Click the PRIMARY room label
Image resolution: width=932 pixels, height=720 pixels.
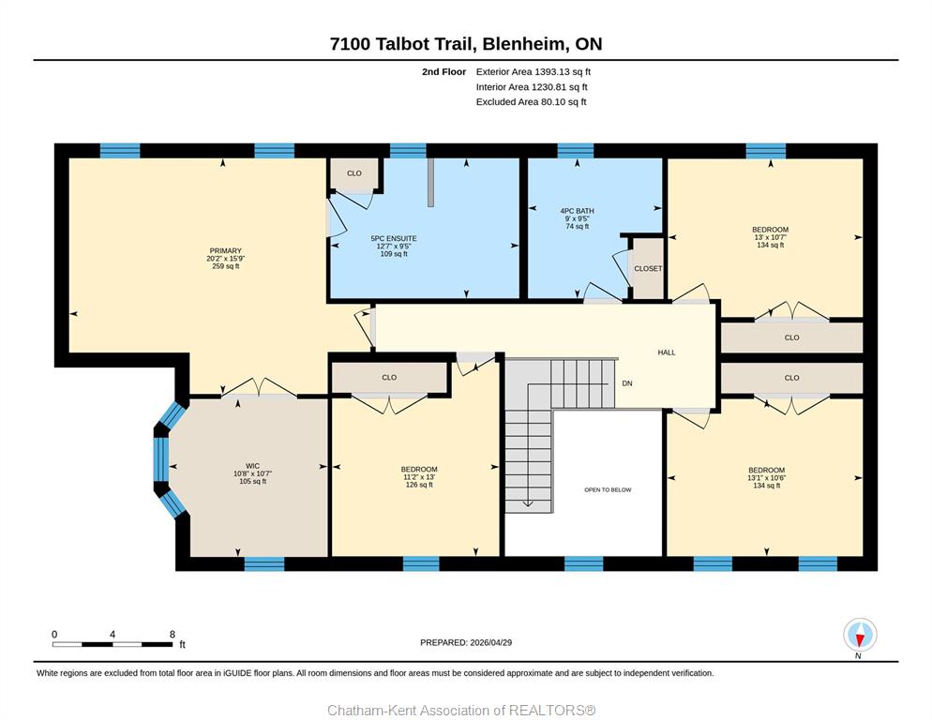pos(225,251)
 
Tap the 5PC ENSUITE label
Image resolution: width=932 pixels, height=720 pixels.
pos(394,238)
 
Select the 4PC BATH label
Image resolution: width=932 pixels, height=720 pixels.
pos(577,211)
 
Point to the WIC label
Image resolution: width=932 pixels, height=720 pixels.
pos(252,466)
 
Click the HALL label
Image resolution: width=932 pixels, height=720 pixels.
pos(667,352)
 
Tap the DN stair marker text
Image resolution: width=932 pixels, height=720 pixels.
pos(627,383)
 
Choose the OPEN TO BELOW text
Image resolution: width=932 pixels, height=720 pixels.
pos(608,490)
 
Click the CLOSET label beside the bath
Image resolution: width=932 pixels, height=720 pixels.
pos(648,269)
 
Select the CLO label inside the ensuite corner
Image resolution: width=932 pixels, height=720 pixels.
pos(354,173)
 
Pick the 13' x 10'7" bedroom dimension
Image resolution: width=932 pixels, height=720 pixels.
pos(771,237)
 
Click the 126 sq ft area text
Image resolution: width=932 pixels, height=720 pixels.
pos(419,485)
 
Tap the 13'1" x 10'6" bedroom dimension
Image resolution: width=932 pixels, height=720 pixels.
pos(767,477)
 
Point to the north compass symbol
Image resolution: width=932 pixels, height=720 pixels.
pos(860,635)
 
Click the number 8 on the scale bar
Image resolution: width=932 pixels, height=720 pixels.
pos(173,635)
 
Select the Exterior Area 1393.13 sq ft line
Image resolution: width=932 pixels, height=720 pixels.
pos(534,72)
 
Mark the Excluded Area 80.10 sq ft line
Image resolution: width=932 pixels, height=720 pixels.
pos(531,101)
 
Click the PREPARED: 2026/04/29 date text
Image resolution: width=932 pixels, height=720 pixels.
pos(466,643)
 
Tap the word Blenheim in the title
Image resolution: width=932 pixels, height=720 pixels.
pos(522,44)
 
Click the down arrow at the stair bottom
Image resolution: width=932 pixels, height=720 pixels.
pos(528,503)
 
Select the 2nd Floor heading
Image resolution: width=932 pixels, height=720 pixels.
pos(444,72)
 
